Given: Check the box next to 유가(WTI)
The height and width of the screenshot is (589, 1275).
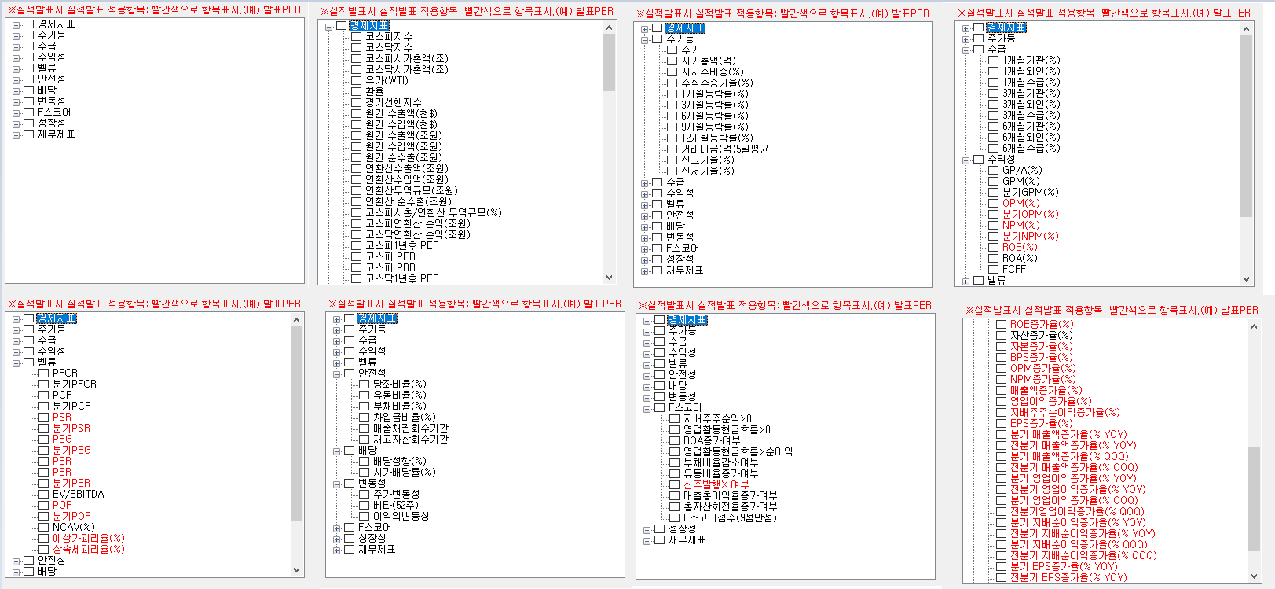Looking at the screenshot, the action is [356, 80].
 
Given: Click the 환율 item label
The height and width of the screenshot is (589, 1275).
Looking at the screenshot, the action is [374, 91].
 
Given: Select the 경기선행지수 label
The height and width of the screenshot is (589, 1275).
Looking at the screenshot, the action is [393, 102].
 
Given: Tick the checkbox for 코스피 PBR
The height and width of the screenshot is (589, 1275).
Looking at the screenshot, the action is [356, 267].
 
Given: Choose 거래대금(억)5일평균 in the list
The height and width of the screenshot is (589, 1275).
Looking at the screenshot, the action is [724, 149].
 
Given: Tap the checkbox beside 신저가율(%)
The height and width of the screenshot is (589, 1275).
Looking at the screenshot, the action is [672, 171].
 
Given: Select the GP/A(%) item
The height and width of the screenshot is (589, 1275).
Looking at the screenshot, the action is [1021, 170].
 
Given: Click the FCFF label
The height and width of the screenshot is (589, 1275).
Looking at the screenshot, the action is [1013, 269].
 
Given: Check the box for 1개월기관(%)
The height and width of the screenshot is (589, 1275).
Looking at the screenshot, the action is [993, 60].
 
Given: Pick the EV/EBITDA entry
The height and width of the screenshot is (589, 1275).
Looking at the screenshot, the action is [78, 494].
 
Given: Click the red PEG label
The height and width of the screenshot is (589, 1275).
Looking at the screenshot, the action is [62, 439].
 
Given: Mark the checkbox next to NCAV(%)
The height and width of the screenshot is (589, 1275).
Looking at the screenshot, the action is [44, 527].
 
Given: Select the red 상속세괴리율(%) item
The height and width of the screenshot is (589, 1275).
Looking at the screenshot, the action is [88, 549].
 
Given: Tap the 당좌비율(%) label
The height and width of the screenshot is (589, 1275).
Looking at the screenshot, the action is [399, 384].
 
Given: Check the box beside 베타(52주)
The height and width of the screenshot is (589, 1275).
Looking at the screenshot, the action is [364, 505].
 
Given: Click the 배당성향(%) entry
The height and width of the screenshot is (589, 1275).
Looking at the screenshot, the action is [399, 461].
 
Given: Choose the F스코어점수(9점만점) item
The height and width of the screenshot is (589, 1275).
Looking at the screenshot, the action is [729, 517].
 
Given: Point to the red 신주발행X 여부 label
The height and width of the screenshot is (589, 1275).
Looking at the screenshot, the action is [716, 484].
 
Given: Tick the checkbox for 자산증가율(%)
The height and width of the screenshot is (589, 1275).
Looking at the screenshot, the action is [1001, 335].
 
